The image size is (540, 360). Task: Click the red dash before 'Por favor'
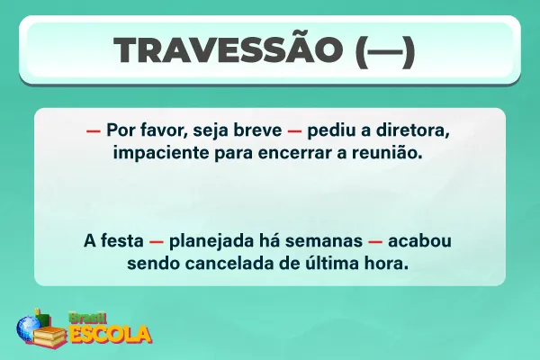(93, 130)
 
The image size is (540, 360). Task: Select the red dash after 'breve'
(293, 130)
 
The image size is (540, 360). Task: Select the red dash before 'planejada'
(156, 243)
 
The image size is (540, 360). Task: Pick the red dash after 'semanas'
(376, 243)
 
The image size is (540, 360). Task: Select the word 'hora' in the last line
(389, 265)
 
